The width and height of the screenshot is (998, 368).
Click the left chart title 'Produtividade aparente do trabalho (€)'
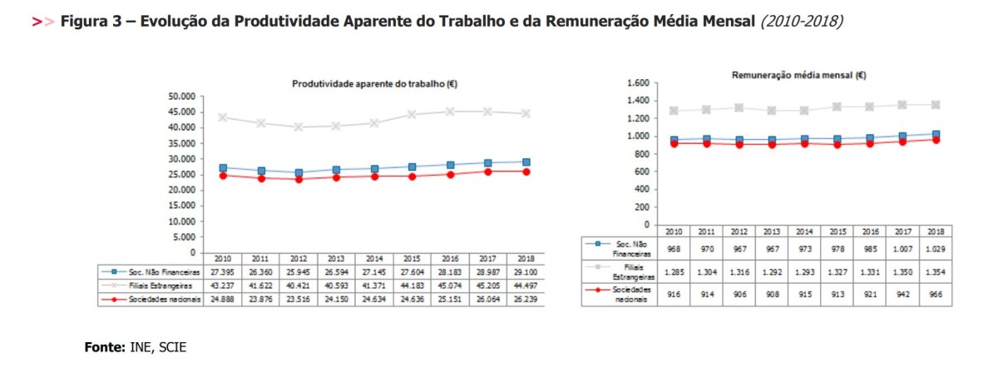374,83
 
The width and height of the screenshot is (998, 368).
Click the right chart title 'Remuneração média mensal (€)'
798,74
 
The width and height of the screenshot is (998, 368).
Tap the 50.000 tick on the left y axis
181,97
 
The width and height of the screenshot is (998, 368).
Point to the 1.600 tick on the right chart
635,83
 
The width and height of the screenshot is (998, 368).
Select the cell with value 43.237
221,286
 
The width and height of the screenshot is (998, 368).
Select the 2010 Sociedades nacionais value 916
674,295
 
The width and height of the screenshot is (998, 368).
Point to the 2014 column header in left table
374,258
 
